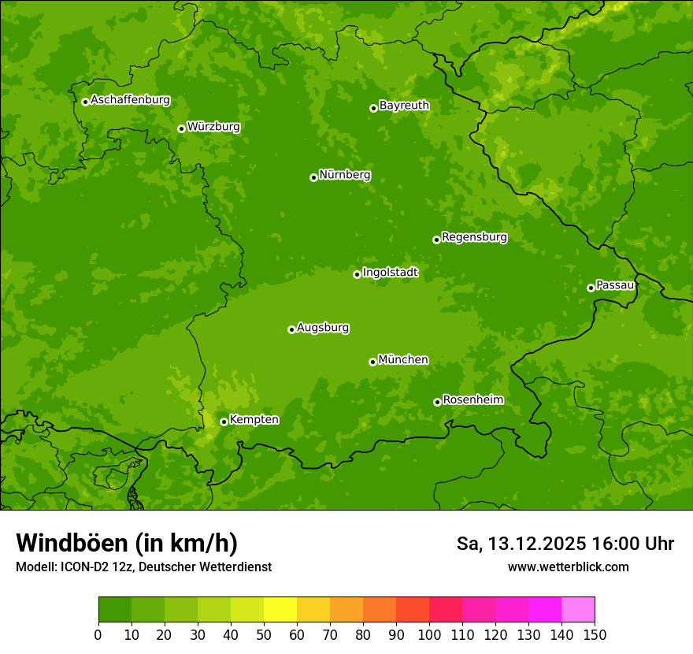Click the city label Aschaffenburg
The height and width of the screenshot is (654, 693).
click(x=130, y=100)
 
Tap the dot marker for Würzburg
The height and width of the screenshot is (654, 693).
click(x=181, y=128)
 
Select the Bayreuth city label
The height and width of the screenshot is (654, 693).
click(x=404, y=105)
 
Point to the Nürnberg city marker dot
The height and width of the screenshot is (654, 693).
click(x=313, y=177)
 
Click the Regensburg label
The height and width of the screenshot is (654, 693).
click(x=474, y=236)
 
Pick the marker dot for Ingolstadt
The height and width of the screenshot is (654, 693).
click(x=357, y=274)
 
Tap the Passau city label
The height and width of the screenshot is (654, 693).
click(x=615, y=284)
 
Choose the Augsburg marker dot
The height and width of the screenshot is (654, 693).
click(x=291, y=329)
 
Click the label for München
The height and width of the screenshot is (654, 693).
click(x=403, y=359)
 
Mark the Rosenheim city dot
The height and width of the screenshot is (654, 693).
click(x=437, y=402)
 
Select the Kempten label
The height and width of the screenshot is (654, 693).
click(x=254, y=419)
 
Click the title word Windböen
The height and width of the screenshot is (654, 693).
click(x=72, y=543)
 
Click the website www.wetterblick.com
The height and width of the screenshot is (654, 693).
click(x=568, y=567)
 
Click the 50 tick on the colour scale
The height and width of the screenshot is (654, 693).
click(x=264, y=634)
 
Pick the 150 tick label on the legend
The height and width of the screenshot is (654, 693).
click(x=595, y=634)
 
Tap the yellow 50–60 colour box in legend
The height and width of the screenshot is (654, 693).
click(x=280, y=610)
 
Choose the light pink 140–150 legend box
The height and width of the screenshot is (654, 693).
click(x=578, y=610)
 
